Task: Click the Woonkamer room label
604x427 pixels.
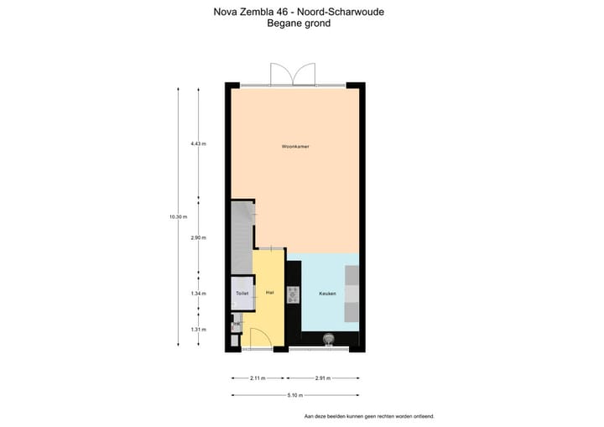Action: tap(296, 147)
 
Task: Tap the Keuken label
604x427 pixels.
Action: tap(328, 294)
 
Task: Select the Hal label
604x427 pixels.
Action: tap(269, 293)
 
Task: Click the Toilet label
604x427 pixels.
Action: tap(242, 294)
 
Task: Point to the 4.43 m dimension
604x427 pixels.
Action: tap(198, 143)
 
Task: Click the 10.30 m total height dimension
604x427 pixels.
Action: tap(177, 216)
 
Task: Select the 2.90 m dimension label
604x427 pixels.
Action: tap(198, 237)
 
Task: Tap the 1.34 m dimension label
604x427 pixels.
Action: tap(198, 294)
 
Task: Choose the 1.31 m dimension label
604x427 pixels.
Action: tap(198, 329)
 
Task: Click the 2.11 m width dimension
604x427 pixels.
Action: tap(258, 378)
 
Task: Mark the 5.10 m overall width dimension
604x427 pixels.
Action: tap(295, 395)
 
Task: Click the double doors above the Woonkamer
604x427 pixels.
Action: tap(292, 74)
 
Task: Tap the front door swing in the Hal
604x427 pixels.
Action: tap(259, 338)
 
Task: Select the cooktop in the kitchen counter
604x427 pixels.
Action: tap(293, 294)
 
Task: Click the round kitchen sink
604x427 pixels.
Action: tap(328, 340)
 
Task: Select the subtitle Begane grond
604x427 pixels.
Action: tap(299, 24)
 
